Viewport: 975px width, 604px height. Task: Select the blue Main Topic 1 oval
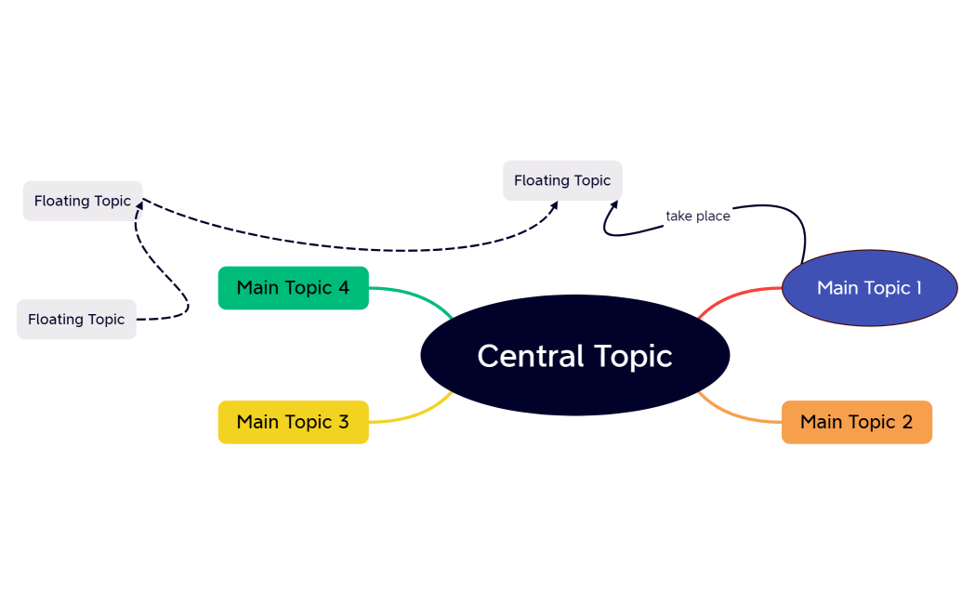(x=869, y=288)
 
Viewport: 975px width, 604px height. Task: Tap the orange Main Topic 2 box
(x=856, y=422)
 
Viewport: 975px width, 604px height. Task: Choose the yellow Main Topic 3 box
(x=293, y=422)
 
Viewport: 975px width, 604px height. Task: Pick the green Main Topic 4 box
(x=293, y=288)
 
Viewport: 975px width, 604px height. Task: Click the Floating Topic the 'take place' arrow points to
(x=562, y=180)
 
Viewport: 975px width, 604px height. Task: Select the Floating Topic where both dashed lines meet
(x=82, y=201)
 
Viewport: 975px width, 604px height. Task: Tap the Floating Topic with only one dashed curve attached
(x=76, y=319)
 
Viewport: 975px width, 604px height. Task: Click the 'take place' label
(x=698, y=216)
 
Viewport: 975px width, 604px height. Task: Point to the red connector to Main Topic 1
(x=734, y=295)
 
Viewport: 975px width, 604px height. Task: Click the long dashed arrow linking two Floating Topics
(x=372, y=249)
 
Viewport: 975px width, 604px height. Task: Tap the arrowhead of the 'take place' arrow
(x=613, y=204)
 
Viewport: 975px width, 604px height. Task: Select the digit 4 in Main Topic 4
(x=343, y=288)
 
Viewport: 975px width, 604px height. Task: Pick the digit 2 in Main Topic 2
(x=907, y=422)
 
